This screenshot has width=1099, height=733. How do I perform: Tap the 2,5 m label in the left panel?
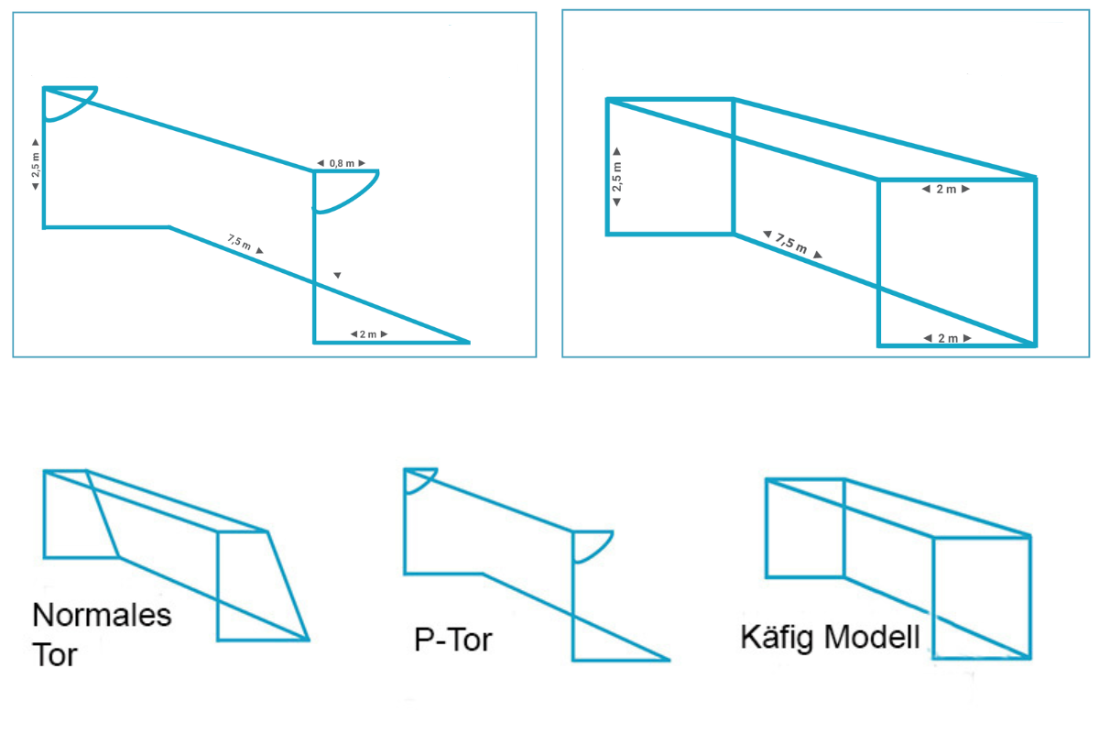35,165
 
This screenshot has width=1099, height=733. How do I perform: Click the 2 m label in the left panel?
367,334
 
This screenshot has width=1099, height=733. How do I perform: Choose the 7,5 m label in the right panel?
792,245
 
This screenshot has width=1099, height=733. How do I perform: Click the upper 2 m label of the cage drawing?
945,190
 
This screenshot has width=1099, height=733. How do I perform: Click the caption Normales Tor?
101,632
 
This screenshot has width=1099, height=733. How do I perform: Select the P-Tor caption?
452,639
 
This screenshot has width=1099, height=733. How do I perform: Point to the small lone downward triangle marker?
337,275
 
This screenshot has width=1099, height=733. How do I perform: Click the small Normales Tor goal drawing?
174,554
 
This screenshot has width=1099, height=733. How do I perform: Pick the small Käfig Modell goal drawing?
898,568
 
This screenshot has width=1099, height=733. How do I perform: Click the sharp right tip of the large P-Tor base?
468,342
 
